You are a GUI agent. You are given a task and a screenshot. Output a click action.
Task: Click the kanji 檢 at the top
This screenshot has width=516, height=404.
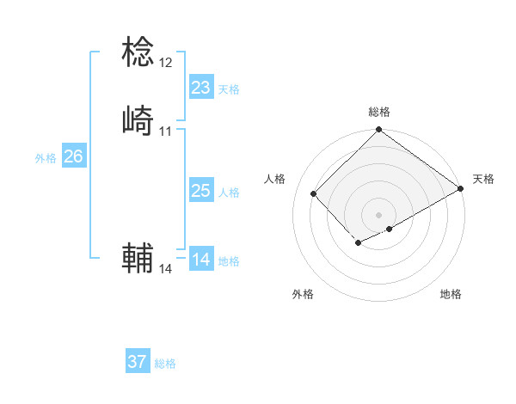pos(138,52)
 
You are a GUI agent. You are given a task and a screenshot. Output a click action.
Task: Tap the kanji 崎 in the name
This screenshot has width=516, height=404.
pos(138,120)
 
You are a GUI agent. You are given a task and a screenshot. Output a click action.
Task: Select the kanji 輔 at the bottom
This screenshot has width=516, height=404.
pos(138,257)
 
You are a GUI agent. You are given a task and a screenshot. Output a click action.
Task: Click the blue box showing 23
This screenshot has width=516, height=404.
pos(201,87)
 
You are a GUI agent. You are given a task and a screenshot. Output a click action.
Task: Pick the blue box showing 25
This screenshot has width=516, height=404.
pos(201,191)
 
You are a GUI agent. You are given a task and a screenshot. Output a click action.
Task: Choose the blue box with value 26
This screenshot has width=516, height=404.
pos(73,156)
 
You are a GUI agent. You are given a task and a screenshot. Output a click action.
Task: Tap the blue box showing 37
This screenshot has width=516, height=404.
pos(138,362)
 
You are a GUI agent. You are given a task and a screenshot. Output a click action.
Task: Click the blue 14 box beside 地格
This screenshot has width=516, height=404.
pos(201,260)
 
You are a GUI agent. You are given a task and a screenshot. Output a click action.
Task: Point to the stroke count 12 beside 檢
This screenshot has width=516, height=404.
pos(166,63)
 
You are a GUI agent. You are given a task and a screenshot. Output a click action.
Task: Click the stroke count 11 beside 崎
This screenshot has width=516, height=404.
pos(166,132)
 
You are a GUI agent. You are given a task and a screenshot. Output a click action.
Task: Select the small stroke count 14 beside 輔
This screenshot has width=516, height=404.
pos(166,269)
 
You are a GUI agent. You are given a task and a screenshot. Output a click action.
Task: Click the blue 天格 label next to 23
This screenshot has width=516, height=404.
pos(229,89)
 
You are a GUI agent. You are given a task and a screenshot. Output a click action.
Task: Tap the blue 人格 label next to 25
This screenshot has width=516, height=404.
pos(229,193)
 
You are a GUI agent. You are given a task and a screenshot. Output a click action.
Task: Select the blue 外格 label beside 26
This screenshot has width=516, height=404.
pos(46,158)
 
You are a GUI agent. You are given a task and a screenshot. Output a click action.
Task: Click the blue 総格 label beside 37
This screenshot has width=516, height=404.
pos(165,364)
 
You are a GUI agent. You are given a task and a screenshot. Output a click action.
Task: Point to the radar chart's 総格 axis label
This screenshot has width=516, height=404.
pos(379,112)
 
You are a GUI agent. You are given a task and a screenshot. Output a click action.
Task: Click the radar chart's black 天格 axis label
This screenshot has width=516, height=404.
pos(483,179)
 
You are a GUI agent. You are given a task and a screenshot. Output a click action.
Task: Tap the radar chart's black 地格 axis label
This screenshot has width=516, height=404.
pos(451,294)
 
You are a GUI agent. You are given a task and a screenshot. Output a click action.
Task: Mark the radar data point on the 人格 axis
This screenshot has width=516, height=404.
pos(314,193)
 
